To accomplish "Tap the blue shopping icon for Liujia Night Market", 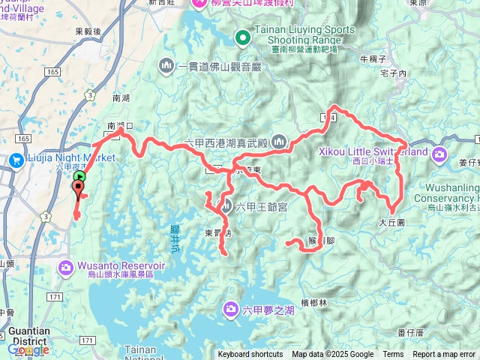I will pos(16,159).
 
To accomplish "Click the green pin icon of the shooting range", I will pos(242,37).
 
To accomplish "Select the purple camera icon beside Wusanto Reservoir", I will pos(67,266).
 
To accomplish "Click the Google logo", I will pos(28,349).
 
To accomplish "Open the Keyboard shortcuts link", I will pos(250,355).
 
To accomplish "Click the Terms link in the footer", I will pos(393,355).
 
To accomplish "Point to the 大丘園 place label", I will pos(391,223).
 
